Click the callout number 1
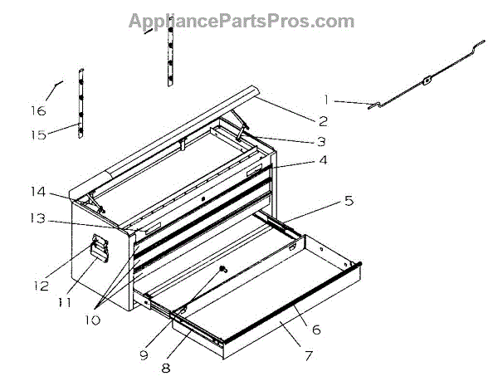pos(327,100)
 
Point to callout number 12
pos(41,286)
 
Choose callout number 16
pos(38,110)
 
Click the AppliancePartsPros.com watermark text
pos(241,21)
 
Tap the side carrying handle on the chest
pos(100,248)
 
